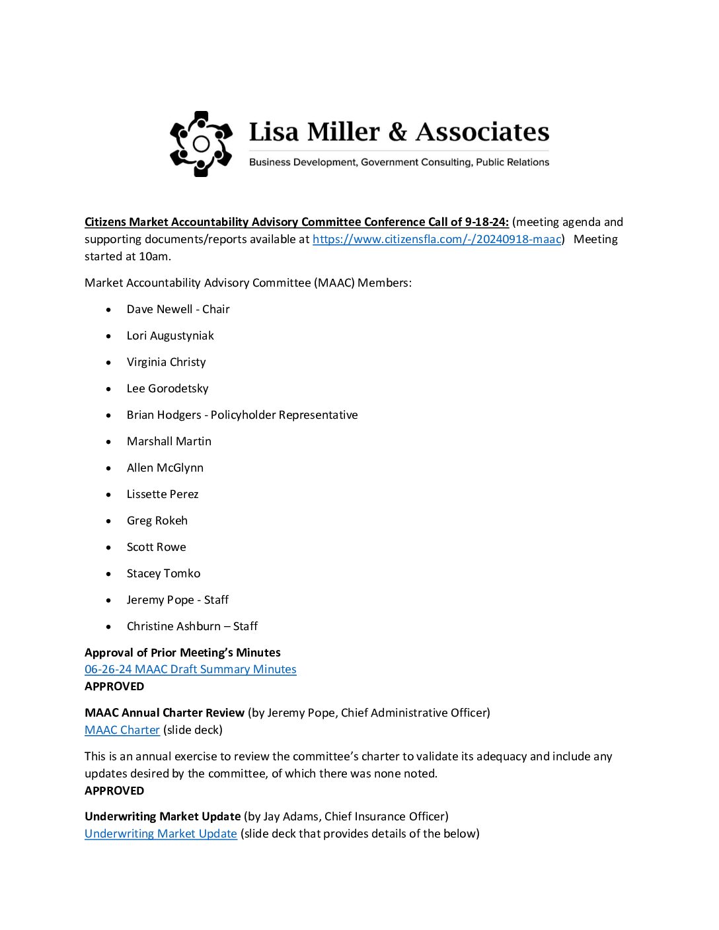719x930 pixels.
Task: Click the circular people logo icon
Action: coord(201,144)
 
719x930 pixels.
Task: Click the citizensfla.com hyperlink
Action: coord(437,239)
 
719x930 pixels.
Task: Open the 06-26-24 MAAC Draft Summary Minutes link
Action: coord(190,669)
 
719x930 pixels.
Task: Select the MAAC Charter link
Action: coord(122,730)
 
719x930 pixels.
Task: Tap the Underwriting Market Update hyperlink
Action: coord(161,834)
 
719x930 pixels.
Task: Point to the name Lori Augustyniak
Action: coord(170,336)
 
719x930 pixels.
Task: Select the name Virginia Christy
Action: coord(167,362)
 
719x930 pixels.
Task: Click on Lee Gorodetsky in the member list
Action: coord(168,388)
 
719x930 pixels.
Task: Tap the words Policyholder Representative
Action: coord(284,415)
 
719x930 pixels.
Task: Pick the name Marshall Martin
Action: coord(169,441)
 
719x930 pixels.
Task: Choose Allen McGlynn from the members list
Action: coord(165,468)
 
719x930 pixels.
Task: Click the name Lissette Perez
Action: coord(163,494)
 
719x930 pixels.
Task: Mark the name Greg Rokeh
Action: coord(157,520)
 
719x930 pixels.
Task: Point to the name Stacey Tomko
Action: coord(164,573)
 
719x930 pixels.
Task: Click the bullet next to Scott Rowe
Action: coord(108,548)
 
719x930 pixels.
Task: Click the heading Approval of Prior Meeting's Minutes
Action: coord(182,653)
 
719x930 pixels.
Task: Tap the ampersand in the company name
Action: coord(398,132)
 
